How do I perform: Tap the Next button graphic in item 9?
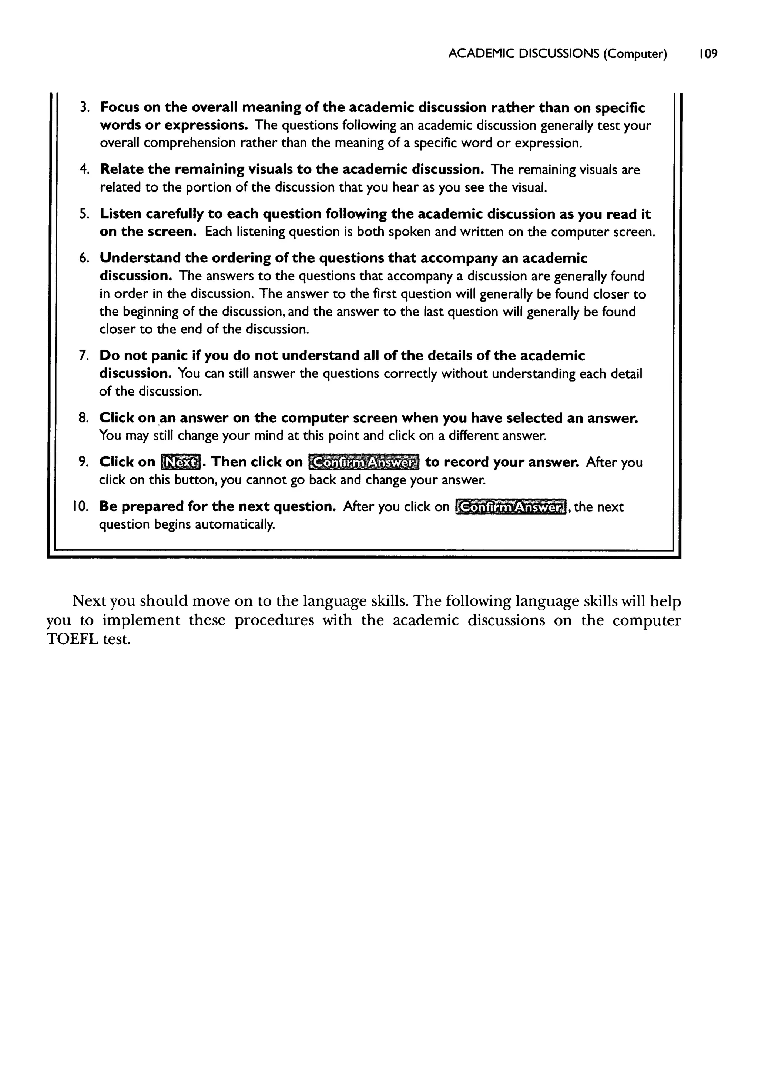pos(181,462)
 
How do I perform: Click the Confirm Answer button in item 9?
pos(364,462)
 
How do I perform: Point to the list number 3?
pos(84,108)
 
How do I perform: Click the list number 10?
pos(80,507)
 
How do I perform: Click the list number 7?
pos(84,356)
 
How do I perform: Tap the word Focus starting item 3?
pos(119,108)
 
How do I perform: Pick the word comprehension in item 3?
pos(190,143)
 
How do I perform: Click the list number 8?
pos(84,417)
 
